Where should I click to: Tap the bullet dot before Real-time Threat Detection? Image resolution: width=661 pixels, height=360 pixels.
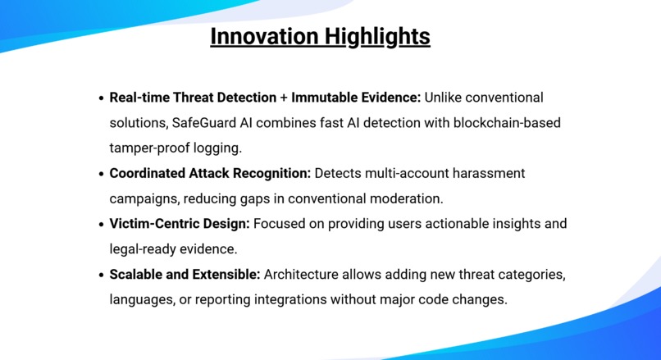click(x=100, y=98)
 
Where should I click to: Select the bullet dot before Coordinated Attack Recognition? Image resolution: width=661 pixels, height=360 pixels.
click(x=100, y=174)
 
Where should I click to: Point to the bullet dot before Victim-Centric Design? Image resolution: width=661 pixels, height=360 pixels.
click(x=100, y=224)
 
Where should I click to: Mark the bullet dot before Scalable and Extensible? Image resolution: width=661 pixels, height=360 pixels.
click(x=100, y=275)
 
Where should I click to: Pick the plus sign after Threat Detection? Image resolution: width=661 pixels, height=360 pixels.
click(x=284, y=98)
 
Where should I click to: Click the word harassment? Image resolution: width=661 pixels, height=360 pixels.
click(x=488, y=173)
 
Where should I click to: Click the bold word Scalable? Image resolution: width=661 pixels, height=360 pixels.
click(x=139, y=274)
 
